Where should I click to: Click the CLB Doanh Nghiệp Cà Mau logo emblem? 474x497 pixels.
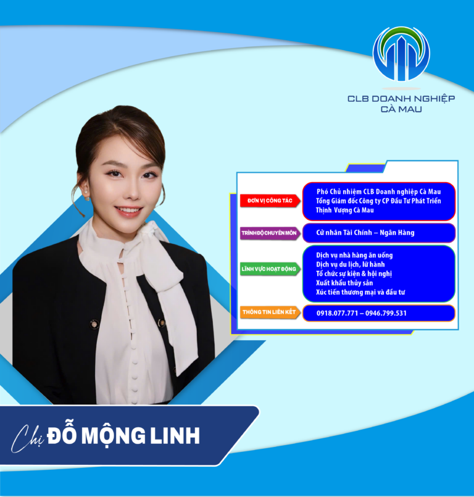coord(401,54)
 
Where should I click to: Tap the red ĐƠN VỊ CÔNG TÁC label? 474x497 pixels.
coord(269,201)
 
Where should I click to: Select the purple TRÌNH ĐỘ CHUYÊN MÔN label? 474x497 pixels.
coord(269,233)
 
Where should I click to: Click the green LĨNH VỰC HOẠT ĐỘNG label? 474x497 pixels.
coord(270,269)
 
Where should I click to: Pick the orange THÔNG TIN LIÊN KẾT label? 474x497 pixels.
coord(270,313)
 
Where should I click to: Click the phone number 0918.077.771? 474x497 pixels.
coord(338,314)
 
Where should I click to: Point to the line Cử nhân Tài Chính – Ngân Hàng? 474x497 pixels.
coord(365,233)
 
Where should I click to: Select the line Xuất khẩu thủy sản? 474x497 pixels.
coord(341,283)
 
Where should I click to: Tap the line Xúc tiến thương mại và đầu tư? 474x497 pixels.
coord(360,292)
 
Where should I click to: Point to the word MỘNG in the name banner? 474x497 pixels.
coord(114,435)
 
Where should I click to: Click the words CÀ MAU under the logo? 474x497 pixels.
coord(401,109)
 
